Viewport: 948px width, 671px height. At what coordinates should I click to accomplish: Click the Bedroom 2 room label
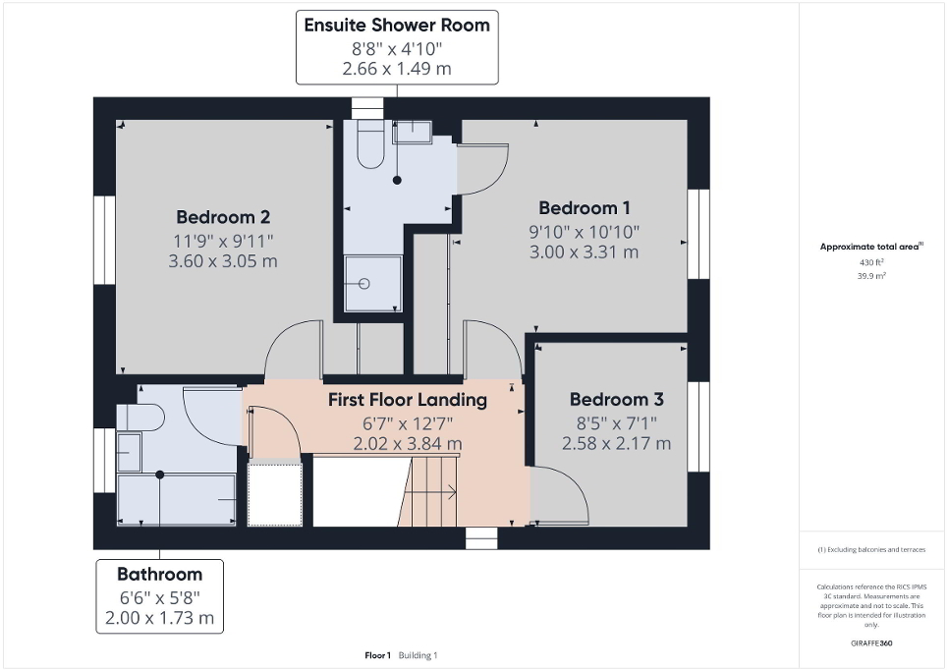(x=223, y=217)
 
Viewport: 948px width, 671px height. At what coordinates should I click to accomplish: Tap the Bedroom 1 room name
(x=585, y=208)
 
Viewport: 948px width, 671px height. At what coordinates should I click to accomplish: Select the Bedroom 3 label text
(x=616, y=400)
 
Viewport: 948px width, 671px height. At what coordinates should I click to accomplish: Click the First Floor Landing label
(x=407, y=400)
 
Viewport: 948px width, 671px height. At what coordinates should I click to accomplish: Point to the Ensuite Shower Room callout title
(x=396, y=26)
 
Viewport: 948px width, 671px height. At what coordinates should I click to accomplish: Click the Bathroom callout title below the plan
(x=159, y=574)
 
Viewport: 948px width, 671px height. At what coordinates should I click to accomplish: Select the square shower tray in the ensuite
(x=373, y=285)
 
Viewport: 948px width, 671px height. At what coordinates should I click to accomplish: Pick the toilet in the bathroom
(x=141, y=418)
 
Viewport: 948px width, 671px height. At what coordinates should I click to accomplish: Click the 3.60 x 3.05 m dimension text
(x=223, y=261)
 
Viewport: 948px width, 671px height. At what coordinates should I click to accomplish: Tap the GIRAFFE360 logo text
(x=872, y=643)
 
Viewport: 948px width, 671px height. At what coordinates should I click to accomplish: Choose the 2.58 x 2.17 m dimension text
(x=616, y=444)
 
